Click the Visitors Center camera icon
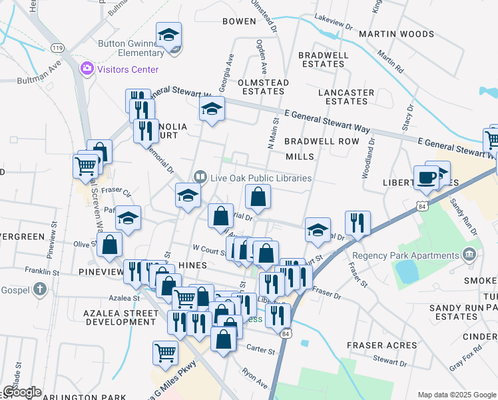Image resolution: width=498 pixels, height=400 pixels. tap(87, 69)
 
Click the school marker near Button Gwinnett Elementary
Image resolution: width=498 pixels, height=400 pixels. tap(169, 35)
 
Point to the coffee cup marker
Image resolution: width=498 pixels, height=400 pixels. tap(426, 178)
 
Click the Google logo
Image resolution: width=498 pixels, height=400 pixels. tap(21, 393)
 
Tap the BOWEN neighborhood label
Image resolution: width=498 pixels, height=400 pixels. tap(239, 21)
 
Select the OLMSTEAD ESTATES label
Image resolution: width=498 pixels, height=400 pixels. tap(263, 87)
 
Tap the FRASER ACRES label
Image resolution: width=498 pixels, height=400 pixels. tap(381, 345)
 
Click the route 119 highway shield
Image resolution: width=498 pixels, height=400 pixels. tap(57, 48)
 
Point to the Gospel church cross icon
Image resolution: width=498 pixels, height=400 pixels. tap(40, 289)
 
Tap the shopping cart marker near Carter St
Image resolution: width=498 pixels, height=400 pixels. tap(165, 353)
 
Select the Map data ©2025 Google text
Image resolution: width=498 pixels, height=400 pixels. tap(456, 395)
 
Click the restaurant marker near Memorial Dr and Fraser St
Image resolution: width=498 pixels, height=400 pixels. tap(358, 225)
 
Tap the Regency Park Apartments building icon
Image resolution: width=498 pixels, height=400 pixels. tap(469, 255)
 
